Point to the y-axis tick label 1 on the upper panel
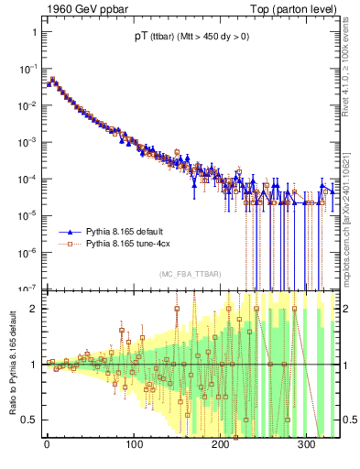coord(34,32)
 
